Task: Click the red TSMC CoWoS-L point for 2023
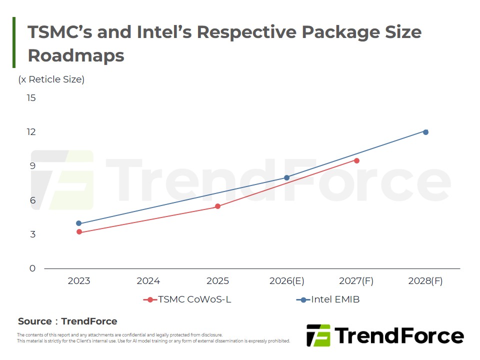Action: tap(79, 232)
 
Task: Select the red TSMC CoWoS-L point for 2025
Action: tap(217, 206)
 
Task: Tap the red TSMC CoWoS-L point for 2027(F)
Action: tap(356, 160)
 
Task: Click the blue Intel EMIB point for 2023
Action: tap(79, 223)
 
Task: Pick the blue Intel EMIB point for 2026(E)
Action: tap(286, 177)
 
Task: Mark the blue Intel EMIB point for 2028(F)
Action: tap(425, 132)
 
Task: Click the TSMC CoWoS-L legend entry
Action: tap(187, 299)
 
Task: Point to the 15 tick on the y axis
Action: tap(31, 97)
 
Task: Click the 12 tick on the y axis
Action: tap(31, 132)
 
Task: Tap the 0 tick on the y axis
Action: tap(32, 268)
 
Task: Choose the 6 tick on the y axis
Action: tap(32, 200)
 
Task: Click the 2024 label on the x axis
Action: tap(148, 281)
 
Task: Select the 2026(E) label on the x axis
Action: tap(286, 281)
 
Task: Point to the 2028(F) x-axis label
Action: tap(425, 281)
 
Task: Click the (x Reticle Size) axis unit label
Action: tap(51, 79)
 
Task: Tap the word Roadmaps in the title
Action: tap(76, 55)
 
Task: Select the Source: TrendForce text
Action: tap(67, 321)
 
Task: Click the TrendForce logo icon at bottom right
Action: tap(318, 335)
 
